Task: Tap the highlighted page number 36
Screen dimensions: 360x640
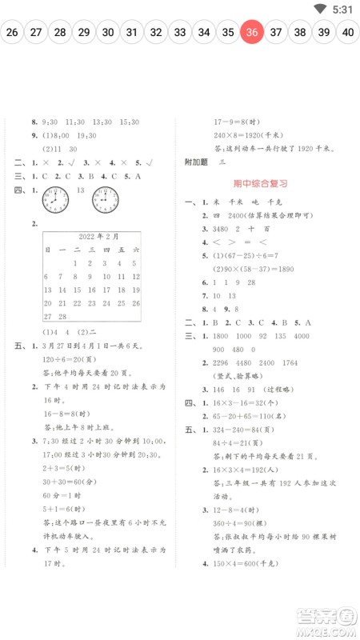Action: pyautogui.click(x=252, y=33)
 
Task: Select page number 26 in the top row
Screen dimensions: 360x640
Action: pyautogui.click(x=12, y=33)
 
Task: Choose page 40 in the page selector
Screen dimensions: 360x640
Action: pyautogui.click(x=348, y=33)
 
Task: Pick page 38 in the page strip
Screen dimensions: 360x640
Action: pyautogui.click(x=300, y=33)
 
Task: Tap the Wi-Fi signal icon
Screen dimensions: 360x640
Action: pyautogui.click(x=321, y=9)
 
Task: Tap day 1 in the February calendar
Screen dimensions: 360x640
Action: pyautogui.click(x=76, y=262)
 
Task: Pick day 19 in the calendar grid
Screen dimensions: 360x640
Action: pyautogui.click(x=136, y=290)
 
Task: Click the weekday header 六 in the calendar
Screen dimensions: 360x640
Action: pyautogui.click(x=136, y=250)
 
